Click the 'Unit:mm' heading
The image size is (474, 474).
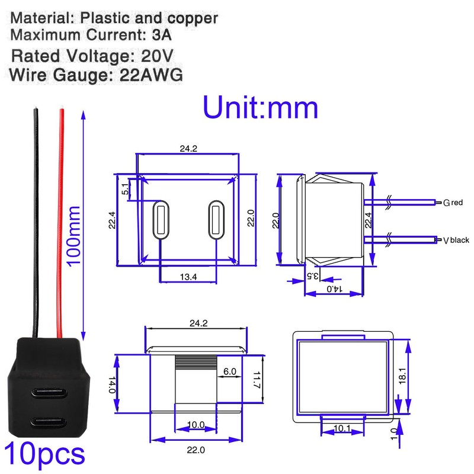pyautogui.click(x=261, y=108)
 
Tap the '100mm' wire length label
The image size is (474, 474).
pyautogui.click(x=73, y=235)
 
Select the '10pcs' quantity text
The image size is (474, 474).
pyautogui.click(x=44, y=454)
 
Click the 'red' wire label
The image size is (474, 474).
pyautogui.click(x=457, y=203)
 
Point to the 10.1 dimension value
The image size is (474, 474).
pyautogui.click(x=342, y=428)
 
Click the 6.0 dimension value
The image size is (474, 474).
pyautogui.click(x=230, y=371)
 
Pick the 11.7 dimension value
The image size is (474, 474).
pyautogui.click(x=256, y=379)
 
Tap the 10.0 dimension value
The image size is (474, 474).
pyautogui.click(x=196, y=425)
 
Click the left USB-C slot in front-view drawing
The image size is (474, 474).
pyautogui.click(x=160, y=220)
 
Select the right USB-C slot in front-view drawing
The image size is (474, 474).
pyautogui.click(x=215, y=220)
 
